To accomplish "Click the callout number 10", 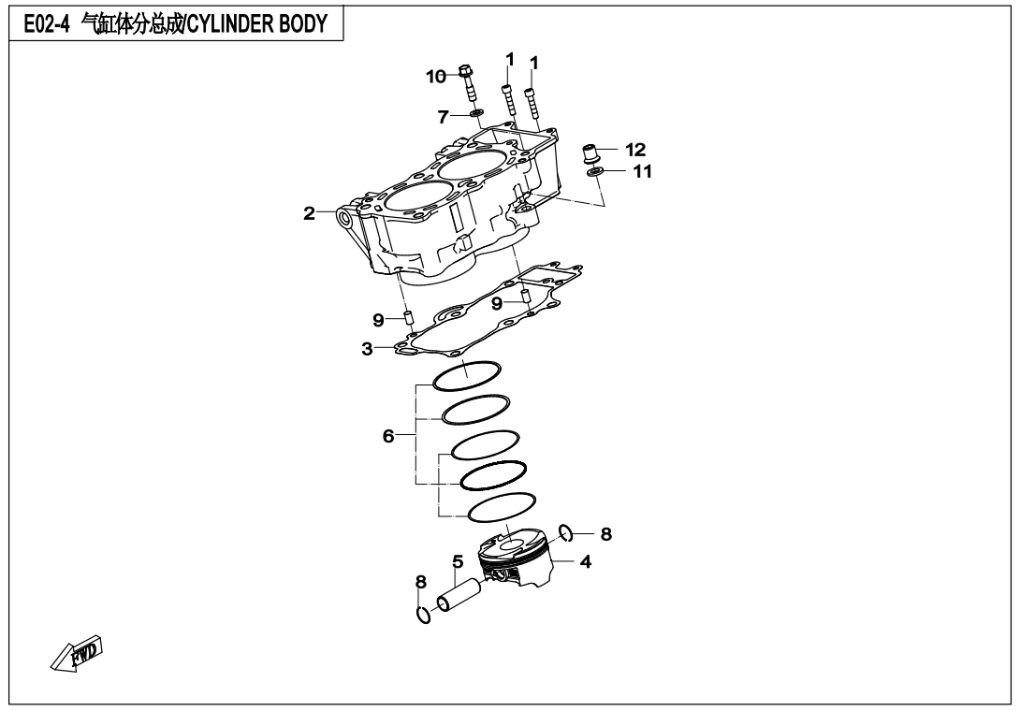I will (437, 77).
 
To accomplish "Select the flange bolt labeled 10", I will (467, 84).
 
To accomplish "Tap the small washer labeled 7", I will (476, 114).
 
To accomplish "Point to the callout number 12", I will (636, 149).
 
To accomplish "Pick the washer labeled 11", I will (593, 171).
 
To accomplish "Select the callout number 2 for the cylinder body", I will (309, 213).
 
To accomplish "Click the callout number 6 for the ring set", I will (388, 435).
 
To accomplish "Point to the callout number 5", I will (458, 561).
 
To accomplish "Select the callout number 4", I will (584, 562).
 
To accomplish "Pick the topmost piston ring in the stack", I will (467, 375).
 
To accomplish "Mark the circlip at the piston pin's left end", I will (423, 615).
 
